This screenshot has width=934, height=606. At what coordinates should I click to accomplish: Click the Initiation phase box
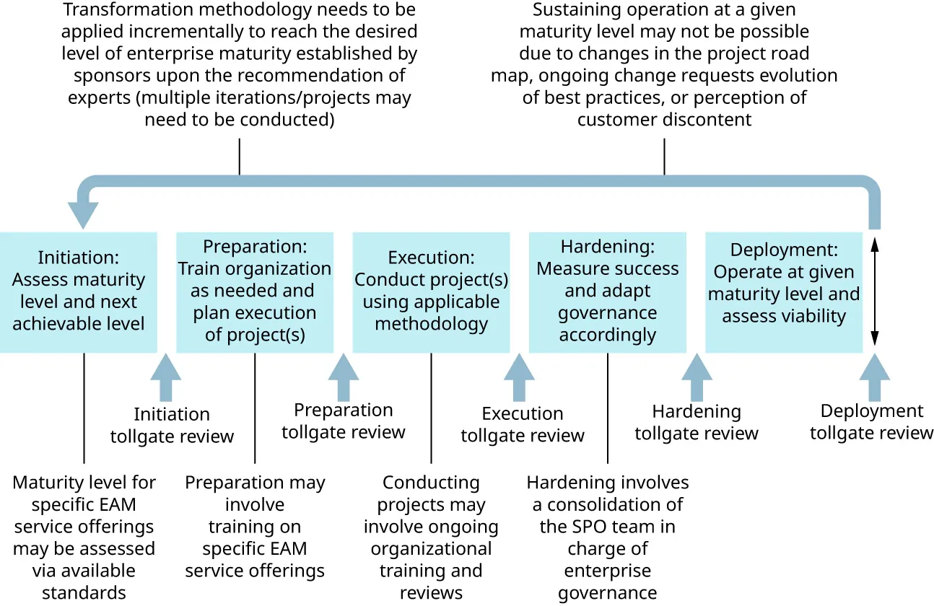pos(79,292)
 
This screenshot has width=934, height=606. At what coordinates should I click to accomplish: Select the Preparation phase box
pos(255,292)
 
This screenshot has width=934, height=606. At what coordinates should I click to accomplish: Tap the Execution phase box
pos(431,292)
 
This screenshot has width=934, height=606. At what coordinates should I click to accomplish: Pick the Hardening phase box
pos(607,292)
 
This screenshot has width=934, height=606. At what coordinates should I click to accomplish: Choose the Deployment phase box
pos(783,292)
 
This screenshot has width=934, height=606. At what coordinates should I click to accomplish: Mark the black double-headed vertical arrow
pos(874,292)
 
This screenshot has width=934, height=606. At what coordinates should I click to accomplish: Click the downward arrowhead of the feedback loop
pos(83,215)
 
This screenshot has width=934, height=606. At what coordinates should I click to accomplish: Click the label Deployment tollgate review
pos(871,422)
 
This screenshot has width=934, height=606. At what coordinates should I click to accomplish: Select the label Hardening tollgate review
pos(697,422)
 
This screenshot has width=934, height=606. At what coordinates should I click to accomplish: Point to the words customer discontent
pos(664,120)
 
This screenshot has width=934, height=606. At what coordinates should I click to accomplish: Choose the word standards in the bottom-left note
pos(84,593)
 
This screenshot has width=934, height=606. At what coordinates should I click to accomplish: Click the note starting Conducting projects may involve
pos(431,537)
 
